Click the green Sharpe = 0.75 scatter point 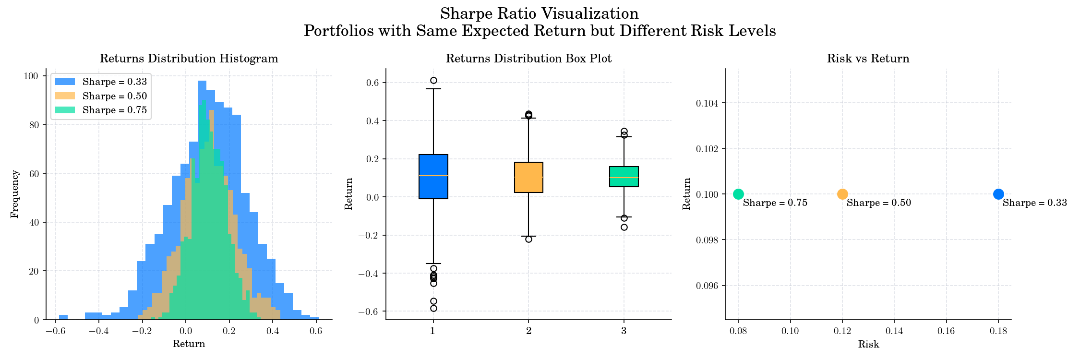pyautogui.click(x=738, y=194)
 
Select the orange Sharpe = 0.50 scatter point pyautogui.click(x=842, y=194)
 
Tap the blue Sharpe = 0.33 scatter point pyautogui.click(x=998, y=194)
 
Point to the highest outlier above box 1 pyautogui.click(x=433, y=80)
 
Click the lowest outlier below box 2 pyautogui.click(x=528, y=239)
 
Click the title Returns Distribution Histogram pyautogui.click(x=189, y=59)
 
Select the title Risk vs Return pyautogui.click(x=868, y=59)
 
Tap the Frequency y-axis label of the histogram pyautogui.click(x=14, y=194)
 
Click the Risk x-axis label pyautogui.click(x=868, y=344)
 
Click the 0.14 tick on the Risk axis pyautogui.click(x=894, y=331)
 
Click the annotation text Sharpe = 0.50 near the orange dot pyautogui.click(x=878, y=203)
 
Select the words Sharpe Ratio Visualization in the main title pyautogui.click(x=539, y=13)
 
